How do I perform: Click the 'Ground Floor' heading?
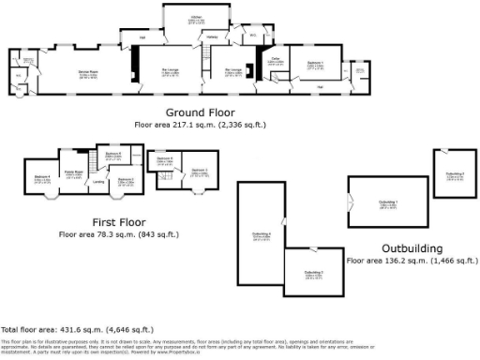click(201, 111)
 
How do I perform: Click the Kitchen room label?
click(197, 18)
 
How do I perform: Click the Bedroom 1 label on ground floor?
click(316, 66)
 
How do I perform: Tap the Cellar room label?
click(276, 62)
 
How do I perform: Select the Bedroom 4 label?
click(41, 177)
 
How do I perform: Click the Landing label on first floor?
click(98, 183)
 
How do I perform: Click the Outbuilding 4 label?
click(262, 233)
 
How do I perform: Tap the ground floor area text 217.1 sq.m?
click(201, 123)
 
